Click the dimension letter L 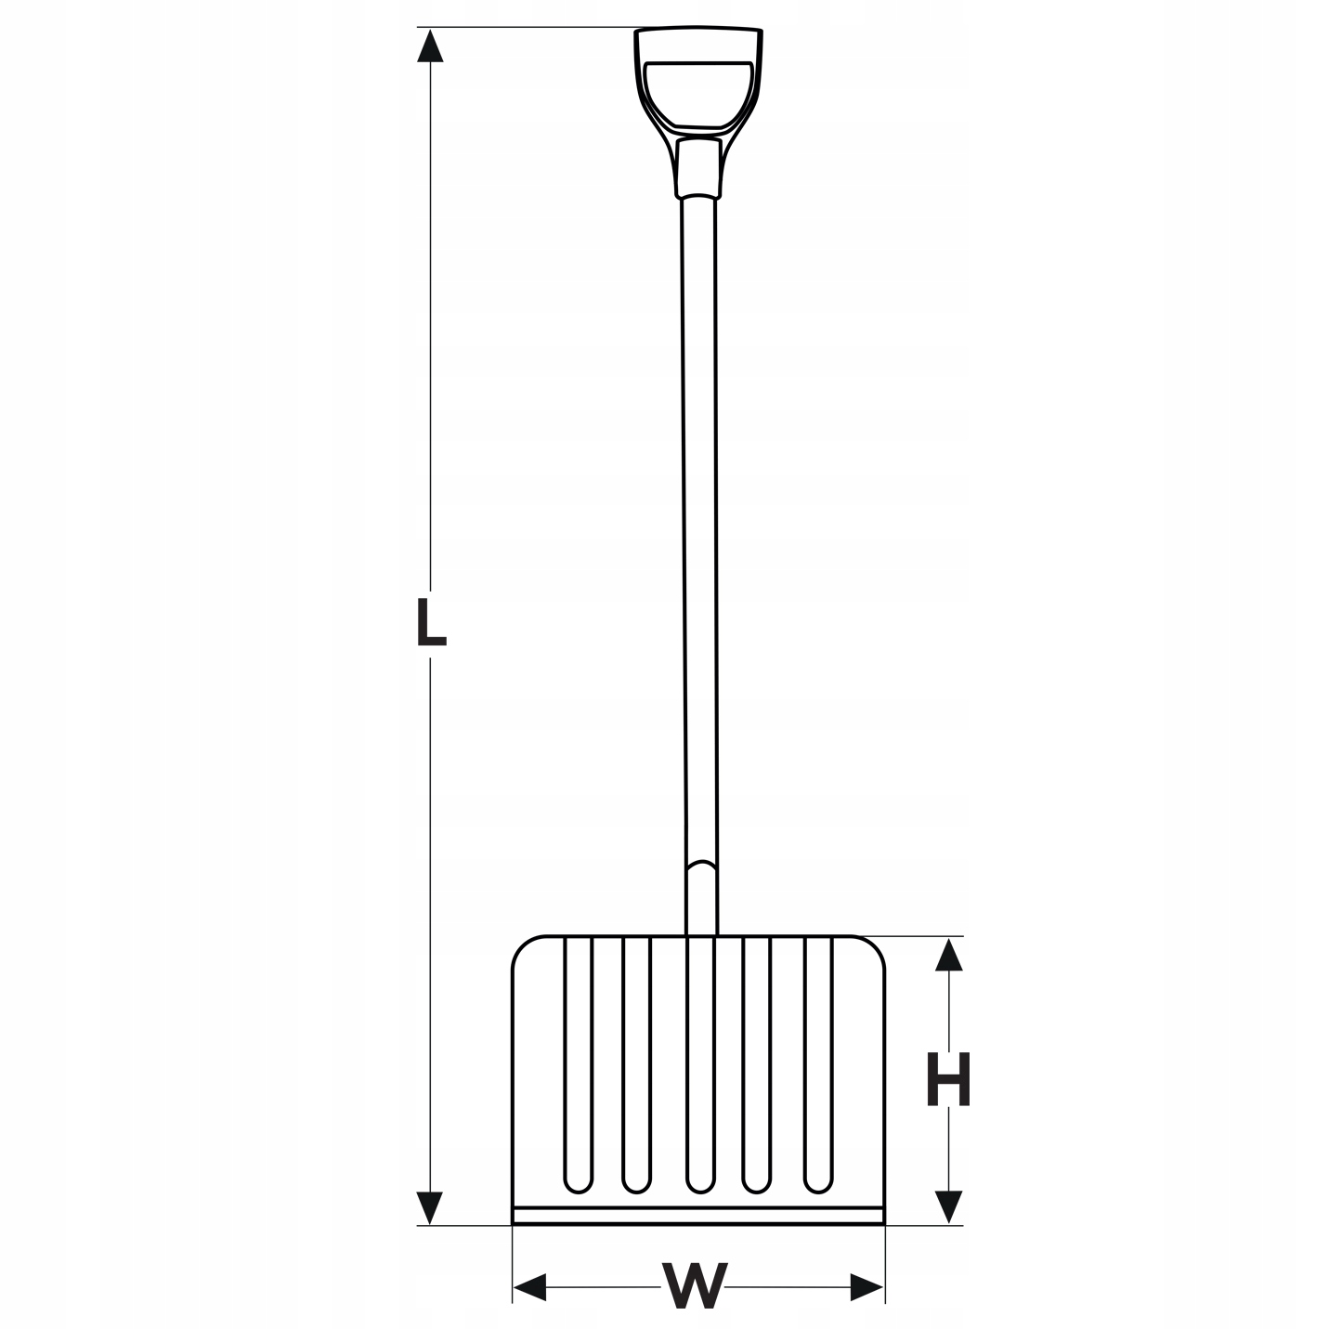pos(432,623)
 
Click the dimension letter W pos(695,1285)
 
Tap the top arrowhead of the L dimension pos(430,46)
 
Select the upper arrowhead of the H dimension pos(948,955)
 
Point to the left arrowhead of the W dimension pos(529,1287)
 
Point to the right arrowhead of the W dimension pos(866,1287)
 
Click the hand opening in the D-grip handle pos(698,94)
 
